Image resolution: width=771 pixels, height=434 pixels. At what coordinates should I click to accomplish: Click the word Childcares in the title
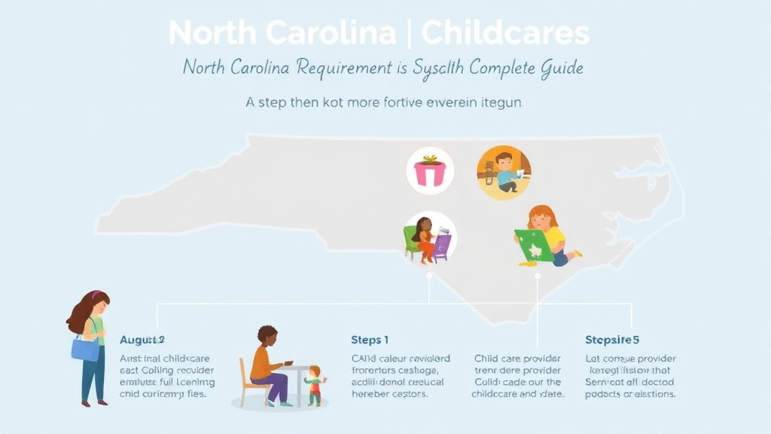tap(504, 34)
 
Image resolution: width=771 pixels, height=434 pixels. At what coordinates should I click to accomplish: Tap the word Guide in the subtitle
tap(562, 68)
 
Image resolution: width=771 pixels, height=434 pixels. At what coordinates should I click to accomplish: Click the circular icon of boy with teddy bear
tap(504, 173)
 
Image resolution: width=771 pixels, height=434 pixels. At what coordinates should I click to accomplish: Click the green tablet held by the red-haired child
tap(534, 246)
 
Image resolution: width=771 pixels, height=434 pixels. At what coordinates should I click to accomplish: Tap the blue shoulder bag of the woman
tap(85, 347)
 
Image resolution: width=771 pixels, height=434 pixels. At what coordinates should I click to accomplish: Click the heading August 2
tap(142, 340)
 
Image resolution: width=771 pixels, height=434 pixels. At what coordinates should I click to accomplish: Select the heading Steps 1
tap(370, 340)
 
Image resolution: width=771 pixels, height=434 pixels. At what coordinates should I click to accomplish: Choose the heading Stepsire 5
tap(612, 340)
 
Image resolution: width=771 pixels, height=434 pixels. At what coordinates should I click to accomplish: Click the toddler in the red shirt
tap(314, 384)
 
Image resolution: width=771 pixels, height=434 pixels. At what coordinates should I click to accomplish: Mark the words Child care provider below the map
tap(517, 359)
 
